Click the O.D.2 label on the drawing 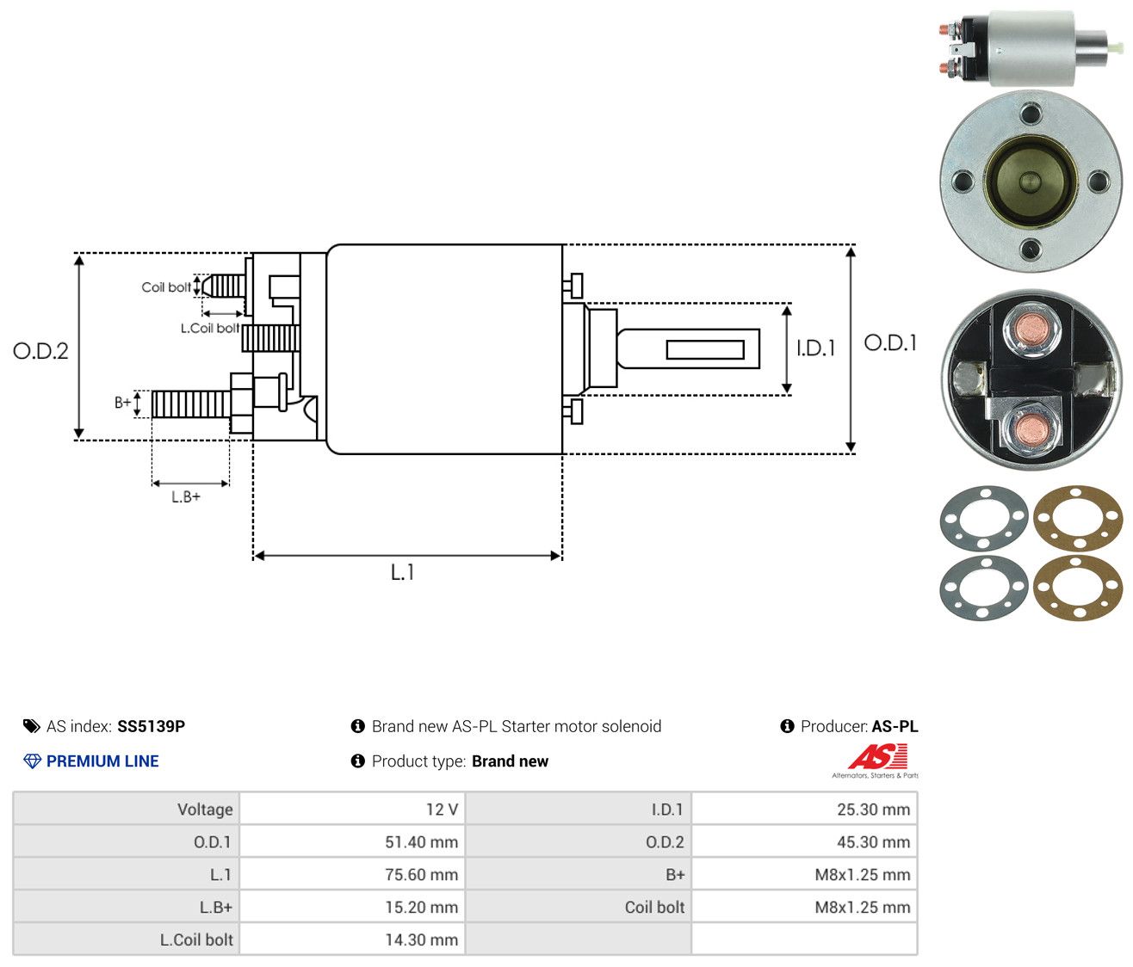(x=40, y=351)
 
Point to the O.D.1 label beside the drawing (x=889, y=343)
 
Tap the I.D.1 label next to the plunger (x=815, y=348)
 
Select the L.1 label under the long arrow (x=402, y=572)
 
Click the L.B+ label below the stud (x=186, y=497)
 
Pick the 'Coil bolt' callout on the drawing (x=166, y=287)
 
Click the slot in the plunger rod (x=705, y=349)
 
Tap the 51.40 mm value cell (x=421, y=842)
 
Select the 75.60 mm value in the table (x=421, y=874)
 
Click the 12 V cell (x=442, y=810)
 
